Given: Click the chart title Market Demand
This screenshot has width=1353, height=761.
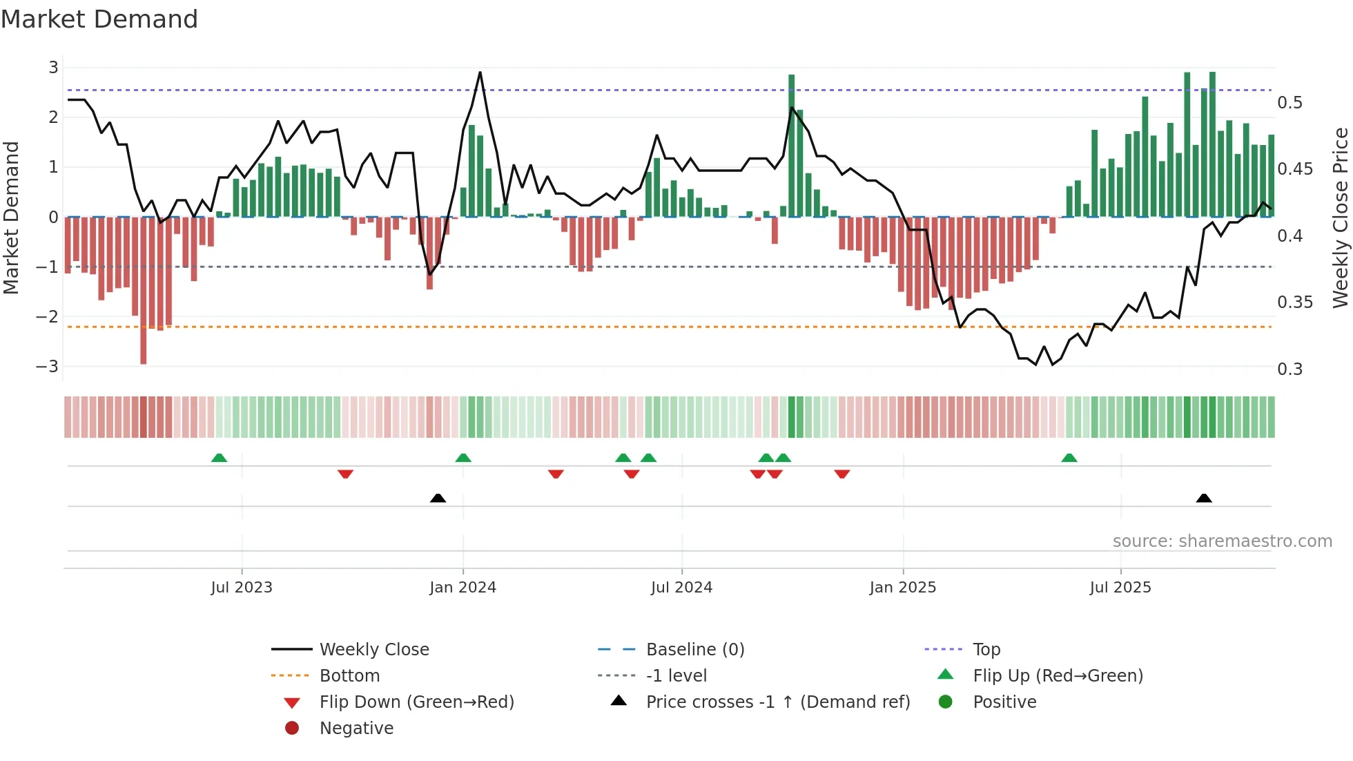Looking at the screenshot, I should click(99, 19).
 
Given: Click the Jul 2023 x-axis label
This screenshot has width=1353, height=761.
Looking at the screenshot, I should click(242, 588).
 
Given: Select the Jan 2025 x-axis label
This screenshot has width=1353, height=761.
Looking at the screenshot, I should click(902, 588).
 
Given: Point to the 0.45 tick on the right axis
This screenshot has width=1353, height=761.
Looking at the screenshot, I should click(1295, 169).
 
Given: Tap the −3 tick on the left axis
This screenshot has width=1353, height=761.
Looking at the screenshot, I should click(48, 367).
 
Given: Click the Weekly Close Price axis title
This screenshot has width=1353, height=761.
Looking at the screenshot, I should click(1340, 218).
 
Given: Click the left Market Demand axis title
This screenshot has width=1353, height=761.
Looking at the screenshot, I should click(11, 218).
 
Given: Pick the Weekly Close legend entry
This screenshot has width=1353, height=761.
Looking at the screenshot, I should click(373, 650).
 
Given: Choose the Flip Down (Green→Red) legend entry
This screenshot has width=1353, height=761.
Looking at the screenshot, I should click(416, 702).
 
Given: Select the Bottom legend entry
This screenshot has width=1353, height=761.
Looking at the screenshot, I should click(349, 676).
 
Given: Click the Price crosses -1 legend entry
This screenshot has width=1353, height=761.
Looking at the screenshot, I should click(777, 702).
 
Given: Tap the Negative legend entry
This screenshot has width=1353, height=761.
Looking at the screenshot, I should click(356, 729).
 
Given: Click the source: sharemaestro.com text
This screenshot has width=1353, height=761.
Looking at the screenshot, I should click(1222, 541).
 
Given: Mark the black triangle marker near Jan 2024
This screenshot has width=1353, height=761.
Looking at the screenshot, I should click(438, 498).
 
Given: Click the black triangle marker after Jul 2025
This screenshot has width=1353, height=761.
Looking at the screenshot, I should click(1204, 498).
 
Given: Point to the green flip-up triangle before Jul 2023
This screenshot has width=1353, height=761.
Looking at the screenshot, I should click(219, 458).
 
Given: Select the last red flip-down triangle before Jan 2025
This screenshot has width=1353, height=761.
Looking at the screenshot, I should click(841, 474).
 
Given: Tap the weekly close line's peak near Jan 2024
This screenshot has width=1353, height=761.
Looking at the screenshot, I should click(480, 73).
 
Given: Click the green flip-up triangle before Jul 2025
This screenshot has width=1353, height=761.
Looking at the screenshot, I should click(1069, 458).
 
